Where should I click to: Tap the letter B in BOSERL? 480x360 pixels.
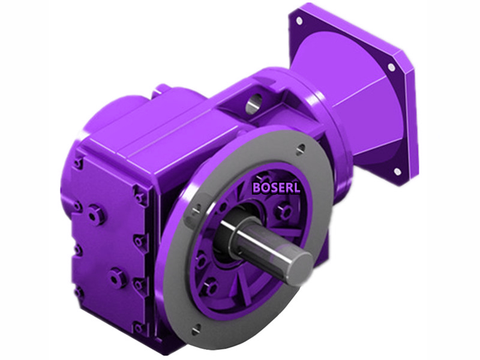pos(256,187)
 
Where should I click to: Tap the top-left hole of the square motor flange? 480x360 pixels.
pos(299,20)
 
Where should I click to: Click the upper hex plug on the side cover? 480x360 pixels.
pos(94,213)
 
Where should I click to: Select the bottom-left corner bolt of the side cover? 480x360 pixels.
pos(79,293)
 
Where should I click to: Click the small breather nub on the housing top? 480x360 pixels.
pos(157,91)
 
